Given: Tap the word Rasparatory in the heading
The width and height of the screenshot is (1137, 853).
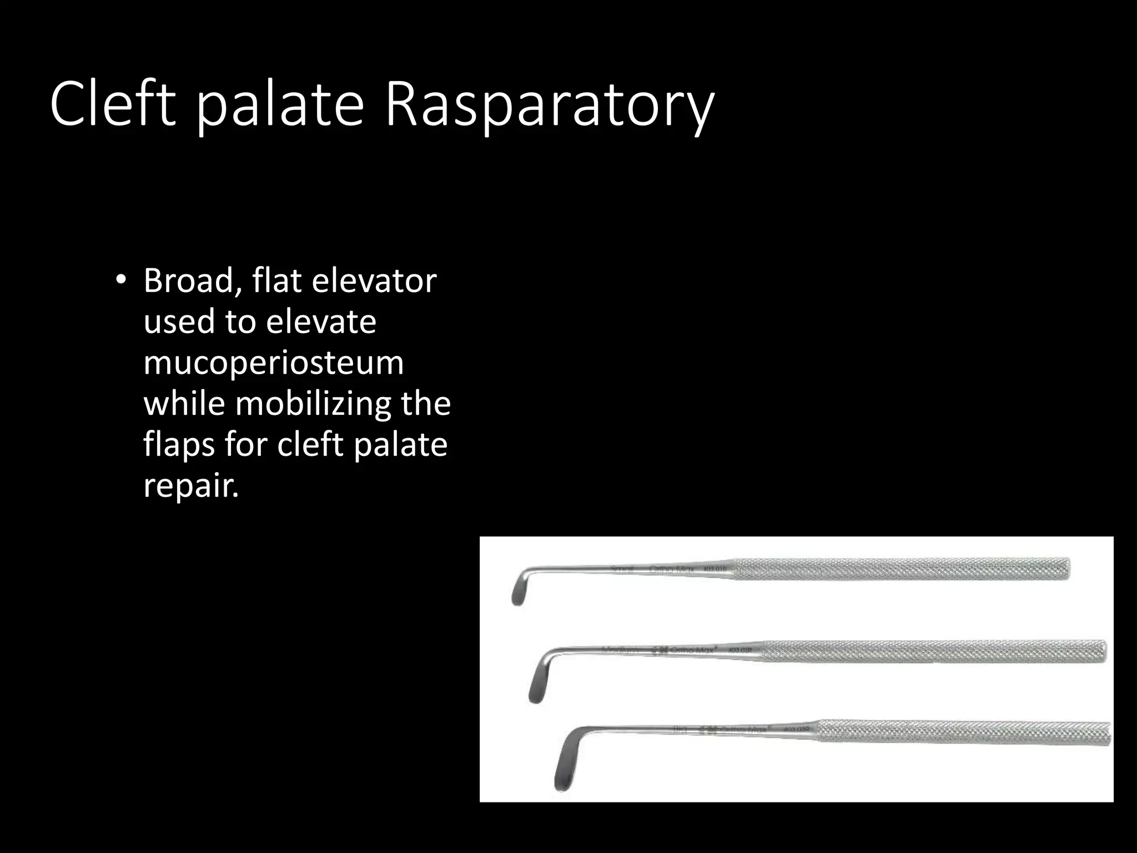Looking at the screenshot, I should click(x=549, y=106).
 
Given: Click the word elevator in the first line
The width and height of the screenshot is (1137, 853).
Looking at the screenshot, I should click(x=374, y=280).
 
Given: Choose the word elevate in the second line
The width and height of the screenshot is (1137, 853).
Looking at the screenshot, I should click(x=320, y=322).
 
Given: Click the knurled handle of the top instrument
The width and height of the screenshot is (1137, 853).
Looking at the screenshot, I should click(x=899, y=569).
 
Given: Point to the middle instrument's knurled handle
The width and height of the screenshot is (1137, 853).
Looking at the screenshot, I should click(x=933, y=650).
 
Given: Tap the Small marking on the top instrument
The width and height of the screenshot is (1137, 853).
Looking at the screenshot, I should click(x=622, y=570).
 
